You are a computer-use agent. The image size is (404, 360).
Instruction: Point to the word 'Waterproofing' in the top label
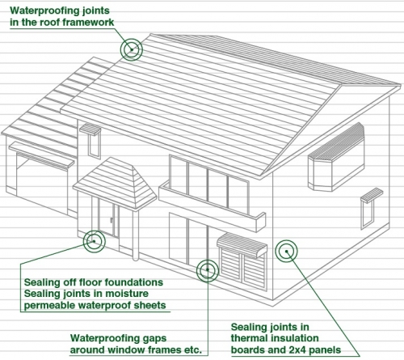[x=40, y=11]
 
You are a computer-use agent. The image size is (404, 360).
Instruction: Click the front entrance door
[x=107, y=218]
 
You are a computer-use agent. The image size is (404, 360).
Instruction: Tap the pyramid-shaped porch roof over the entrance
[x=116, y=183]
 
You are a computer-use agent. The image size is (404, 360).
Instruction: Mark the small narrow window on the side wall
[x=368, y=214]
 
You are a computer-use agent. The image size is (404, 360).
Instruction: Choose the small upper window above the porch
[x=94, y=146]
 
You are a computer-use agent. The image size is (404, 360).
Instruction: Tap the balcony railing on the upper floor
[x=213, y=206]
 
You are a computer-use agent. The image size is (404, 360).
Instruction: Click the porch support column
[x=136, y=235]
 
